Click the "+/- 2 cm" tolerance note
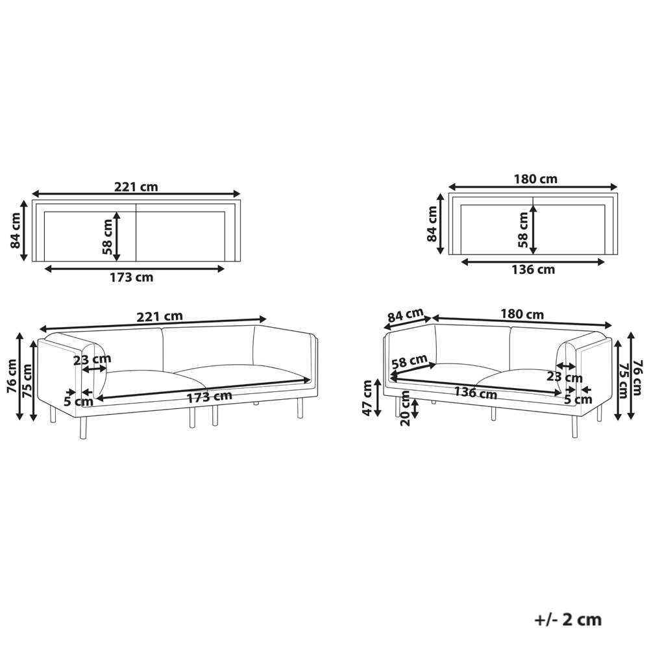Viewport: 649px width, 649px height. pyautogui.click(x=568, y=620)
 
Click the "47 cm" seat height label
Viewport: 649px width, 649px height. pyautogui.click(x=367, y=398)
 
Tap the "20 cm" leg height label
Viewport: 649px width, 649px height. pyautogui.click(x=405, y=408)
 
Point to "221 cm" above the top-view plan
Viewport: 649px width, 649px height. pyautogui.click(x=136, y=187)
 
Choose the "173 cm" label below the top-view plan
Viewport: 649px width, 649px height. pyautogui.click(x=131, y=277)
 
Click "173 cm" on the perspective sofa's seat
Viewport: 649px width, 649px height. pyautogui.click(x=209, y=397)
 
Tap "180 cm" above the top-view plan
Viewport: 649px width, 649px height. pyautogui.click(x=535, y=179)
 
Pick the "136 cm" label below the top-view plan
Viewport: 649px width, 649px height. pyautogui.click(x=533, y=269)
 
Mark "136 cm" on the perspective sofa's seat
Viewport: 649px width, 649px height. pyautogui.click(x=475, y=393)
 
